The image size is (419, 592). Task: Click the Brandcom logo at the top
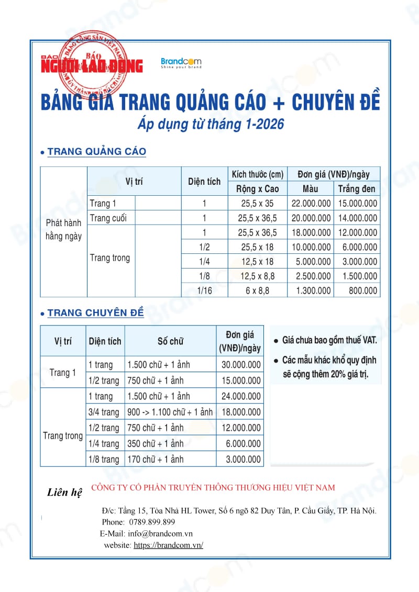point(181,63)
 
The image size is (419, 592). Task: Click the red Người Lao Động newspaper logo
point(92,65)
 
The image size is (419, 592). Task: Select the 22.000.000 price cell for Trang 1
point(311,204)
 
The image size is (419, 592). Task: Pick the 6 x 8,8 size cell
point(257,291)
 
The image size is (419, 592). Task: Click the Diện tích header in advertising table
point(204,182)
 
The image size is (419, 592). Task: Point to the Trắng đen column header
point(357,189)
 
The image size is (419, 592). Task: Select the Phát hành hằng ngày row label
point(63,229)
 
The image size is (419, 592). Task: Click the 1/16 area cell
point(204,291)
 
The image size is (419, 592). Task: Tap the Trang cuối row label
point(108,218)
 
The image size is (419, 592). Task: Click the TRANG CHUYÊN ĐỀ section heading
point(95,313)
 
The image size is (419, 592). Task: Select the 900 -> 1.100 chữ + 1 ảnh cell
point(170,412)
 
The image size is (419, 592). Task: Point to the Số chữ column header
point(170,341)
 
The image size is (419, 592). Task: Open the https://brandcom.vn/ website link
point(168,545)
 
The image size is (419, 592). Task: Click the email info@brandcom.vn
point(163,533)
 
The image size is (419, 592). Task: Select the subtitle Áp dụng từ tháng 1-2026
point(211,125)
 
